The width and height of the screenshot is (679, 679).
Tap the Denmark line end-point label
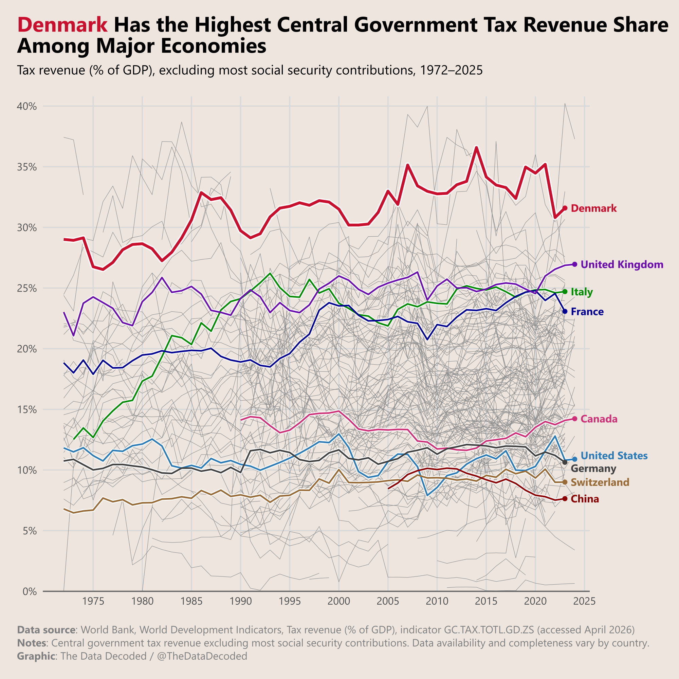click(x=593, y=208)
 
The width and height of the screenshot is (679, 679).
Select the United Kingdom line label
click(x=622, y=265)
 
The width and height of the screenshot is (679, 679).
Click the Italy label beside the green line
click(x=582, y=292)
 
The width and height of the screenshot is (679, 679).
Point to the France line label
click(x=587, y=312)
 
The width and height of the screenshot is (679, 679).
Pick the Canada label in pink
click(x=599, y=419)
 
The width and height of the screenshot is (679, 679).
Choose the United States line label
click(x=614, y=456)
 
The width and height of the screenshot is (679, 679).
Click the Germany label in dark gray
click(x=593, y=469)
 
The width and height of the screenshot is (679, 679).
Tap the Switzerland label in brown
click(x=600, y=482)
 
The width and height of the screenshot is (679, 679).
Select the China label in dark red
click(x=585, y=499)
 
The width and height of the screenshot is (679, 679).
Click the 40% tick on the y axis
click(x=27, y=106)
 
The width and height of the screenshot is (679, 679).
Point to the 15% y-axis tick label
click(x=27, y=410)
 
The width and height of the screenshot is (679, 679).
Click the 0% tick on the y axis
click(x=30, y=591)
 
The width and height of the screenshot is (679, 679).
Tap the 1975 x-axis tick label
click(x=93, y=602)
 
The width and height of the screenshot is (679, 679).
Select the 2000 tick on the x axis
click(x=339, y=602)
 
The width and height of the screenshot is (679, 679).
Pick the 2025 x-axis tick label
click(x=584, y=602)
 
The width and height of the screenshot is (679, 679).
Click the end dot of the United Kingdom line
click(x=575, y=264)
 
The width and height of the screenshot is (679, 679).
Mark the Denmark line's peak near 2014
click(x=476, y=147)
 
